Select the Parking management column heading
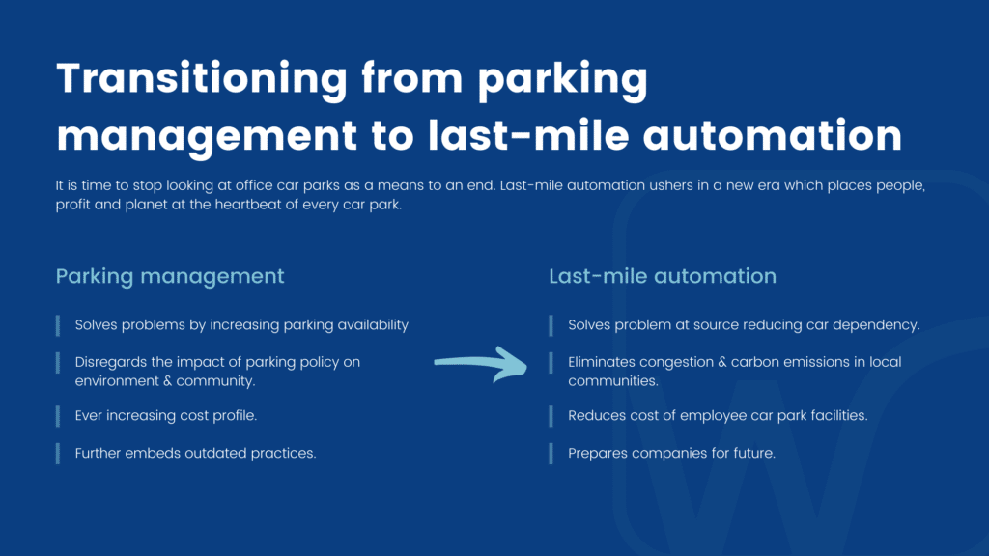170,276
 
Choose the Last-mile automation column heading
663,276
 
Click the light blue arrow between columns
479,365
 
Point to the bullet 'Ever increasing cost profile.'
166,416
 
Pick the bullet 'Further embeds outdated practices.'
195,453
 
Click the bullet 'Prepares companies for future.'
670,453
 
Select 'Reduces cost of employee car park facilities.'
718,416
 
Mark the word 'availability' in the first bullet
369,325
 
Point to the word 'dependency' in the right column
877,325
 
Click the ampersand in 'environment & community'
167,381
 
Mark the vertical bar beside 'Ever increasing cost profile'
59,416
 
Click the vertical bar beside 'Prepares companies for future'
551,453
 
